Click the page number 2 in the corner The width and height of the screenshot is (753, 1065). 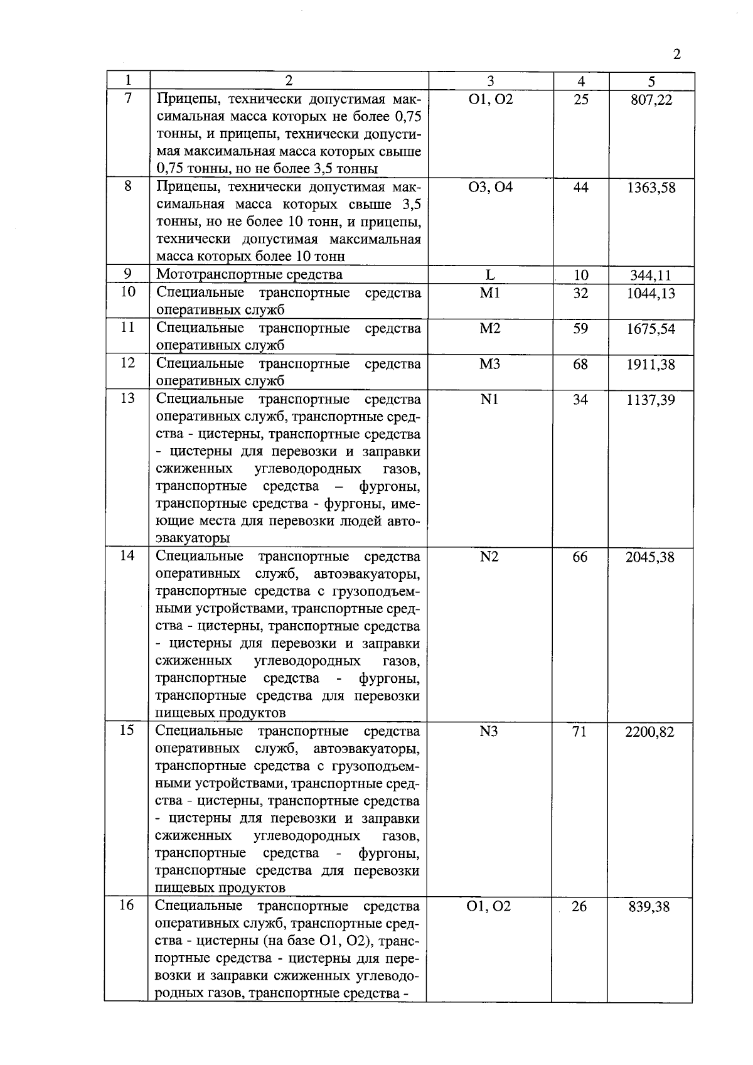(x=676, y=54)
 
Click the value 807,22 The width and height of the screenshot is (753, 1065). (x=651, y=100)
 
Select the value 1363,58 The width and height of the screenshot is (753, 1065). (x=651, y=188)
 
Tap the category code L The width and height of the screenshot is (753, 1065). (x=490, y=275)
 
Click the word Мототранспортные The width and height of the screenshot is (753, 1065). (x=210, y=275)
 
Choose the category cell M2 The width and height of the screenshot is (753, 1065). (x=490, y=329)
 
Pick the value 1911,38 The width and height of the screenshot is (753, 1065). (x=651, y=365)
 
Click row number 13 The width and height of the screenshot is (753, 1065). (x=127, y=399)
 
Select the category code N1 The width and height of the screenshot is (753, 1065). (x=489, y=399)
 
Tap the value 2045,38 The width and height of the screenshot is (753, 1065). (x=650, y=557)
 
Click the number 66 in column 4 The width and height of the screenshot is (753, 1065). (x=580, y=557)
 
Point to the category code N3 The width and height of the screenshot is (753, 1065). (x=489, y=731)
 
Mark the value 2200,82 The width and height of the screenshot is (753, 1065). (x=650, y=732)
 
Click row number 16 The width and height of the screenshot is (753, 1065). (x=127, y=906)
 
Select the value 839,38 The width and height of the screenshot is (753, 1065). (x=649, y=907)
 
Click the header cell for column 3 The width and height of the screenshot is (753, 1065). (x=490, y=81)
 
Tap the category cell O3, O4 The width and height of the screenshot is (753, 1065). (x=490, y=187)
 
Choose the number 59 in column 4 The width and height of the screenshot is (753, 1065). (x=580, y=328)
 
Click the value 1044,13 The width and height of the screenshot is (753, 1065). (x=651, y=294)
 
